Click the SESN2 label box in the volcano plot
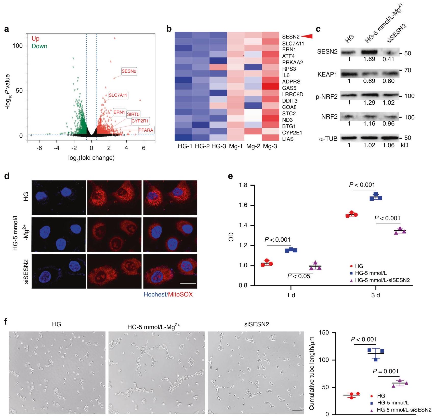point(129,71)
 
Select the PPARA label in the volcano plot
point(146,130)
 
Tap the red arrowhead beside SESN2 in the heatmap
point(307,36)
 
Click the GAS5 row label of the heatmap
point(289,88)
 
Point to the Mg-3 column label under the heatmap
point(270,146)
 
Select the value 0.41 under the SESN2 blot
point(388,59)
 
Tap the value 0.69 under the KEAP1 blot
point(369,81)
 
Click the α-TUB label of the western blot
point(328,139)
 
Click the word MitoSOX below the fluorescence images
point(180,294)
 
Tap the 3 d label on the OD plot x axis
point(375,295)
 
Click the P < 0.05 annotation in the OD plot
point(299,276)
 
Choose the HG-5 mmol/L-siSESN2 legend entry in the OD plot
point(382,280)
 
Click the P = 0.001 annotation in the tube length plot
point(386,371)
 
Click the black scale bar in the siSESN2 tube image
point(297,411)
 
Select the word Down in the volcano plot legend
point(39,46)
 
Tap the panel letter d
point(7,176)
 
